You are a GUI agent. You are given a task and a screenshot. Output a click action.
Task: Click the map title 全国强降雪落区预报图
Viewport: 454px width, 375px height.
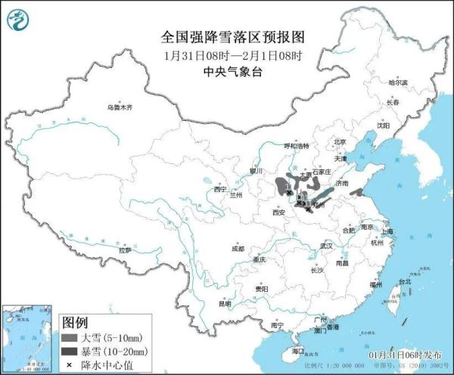pyautogui.click(x=232, y=36)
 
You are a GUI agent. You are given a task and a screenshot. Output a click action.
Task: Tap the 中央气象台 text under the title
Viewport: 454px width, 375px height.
pyautogui.click(x=232, y=73)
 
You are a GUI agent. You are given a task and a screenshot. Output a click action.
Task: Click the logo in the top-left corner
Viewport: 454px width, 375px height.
pyautogui.click(x=19, y=20)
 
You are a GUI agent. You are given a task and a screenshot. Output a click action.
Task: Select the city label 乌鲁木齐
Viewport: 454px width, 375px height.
pyautogui.click(x=119, y=108)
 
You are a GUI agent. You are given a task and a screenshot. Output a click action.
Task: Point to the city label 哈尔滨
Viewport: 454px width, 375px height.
pyautogui.click(x=397, y=82)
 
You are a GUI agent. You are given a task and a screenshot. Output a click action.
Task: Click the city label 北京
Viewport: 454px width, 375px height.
pyautogui.click(x=339, y=141)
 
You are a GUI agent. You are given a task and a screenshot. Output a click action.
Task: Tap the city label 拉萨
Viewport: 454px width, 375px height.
pyautogui.click(x=124, y=249)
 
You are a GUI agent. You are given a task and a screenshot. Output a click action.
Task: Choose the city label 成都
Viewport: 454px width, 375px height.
pyautogui.click(x=238, y=248)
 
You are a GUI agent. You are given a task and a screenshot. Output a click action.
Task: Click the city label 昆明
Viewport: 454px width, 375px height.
pyautogui.click(x=225, y=303)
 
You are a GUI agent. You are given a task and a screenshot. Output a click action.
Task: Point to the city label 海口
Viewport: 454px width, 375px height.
pyautogui.click(x=297, y=350)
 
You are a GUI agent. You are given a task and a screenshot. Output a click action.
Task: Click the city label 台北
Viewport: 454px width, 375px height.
pyautogui.click(x=404, y=280)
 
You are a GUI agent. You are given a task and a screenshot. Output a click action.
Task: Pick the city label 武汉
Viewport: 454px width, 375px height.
pyautogui.click(x=326, y=246)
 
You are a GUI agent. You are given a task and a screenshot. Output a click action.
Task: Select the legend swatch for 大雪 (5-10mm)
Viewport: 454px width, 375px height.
pyautogui.click(x=70, y=337)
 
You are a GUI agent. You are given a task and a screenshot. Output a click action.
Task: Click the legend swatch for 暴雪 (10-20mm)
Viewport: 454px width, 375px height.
pyautogui.click(x=70, y=352)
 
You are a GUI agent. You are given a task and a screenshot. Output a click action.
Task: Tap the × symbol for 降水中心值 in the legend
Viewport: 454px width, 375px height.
pyautogui.click(x=70, y=365)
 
